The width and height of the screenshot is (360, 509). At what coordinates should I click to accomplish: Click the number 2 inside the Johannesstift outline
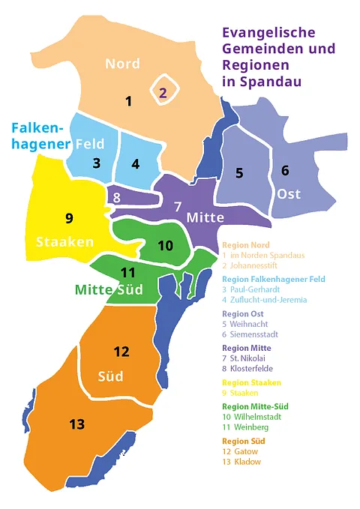pyautogui.click(x=163, y=93)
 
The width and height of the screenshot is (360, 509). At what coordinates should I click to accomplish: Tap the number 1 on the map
pyautogui.click(x=128, y=100)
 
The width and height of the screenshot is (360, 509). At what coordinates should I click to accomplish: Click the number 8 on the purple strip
pyautogui.click(x=116, y=198)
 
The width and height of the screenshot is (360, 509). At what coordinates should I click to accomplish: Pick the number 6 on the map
pyautogui.click(x=285, y=170)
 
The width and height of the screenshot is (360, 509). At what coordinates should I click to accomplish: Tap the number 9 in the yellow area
pyautogui.click(x=69, y=218)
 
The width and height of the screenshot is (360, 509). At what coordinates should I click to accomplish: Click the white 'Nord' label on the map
pyautogui.click(x=122, y=64)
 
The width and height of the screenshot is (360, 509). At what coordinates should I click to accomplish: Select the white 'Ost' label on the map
pyautogui.click(x=289, y=194)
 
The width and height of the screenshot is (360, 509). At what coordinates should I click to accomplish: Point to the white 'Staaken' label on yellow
pyautogui.click(x=64, y=241)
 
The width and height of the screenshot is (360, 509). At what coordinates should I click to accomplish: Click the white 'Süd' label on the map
pyautogui.click(x=111, y=376)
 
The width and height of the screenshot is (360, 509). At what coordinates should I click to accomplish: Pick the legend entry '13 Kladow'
pyautogui.click(x=242, y=462)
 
